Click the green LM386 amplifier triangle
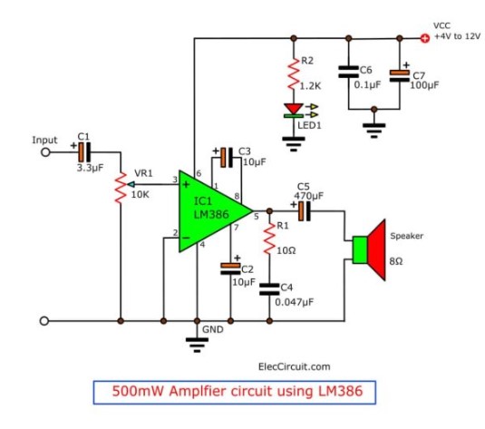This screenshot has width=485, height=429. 210,211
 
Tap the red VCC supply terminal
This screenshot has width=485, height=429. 425,38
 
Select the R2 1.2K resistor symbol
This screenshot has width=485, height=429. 294,73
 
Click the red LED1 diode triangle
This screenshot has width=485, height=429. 294,109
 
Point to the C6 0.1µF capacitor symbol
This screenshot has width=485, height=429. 349,72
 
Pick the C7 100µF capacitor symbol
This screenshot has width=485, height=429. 399,76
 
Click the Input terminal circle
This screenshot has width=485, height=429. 45,152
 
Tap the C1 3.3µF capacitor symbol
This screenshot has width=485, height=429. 84,152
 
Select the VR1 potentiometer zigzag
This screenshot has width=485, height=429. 121,188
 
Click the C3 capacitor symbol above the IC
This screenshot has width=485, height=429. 227,158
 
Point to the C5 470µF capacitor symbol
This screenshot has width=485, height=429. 305,211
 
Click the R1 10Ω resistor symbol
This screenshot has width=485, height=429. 269,239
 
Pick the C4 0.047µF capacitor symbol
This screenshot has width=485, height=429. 269,289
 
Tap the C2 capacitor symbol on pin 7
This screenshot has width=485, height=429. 230,269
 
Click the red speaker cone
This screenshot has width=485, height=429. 376,249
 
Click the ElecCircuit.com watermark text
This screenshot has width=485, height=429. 294,366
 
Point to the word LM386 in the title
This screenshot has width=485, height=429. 340,391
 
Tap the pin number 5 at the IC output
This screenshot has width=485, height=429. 257,217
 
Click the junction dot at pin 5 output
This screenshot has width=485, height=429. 269,211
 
